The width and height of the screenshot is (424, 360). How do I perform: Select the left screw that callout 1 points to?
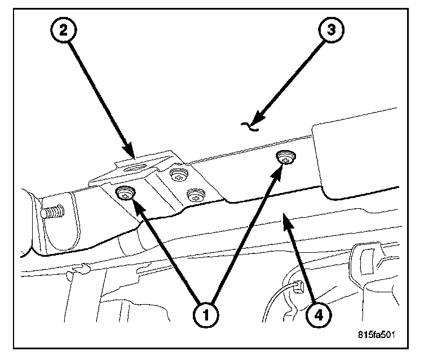pyautogui.click(x=125, y=194)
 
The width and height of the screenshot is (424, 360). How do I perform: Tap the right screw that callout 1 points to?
pyautogui.click(x=286, y=157)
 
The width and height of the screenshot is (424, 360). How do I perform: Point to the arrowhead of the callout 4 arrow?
pyautogui.click(x=288, y=217)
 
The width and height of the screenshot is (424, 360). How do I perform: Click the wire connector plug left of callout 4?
pyautogui.click(x=297, y=289)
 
